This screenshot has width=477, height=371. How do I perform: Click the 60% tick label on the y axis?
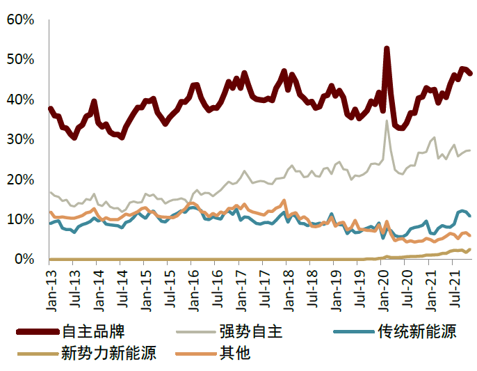coord(20,19)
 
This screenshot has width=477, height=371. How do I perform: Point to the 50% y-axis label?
coord(20,59)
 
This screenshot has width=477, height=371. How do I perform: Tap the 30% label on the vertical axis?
coord(20,139)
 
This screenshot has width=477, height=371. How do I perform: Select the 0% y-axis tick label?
coord(24,259)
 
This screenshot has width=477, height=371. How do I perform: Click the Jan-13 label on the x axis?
coord(52,290)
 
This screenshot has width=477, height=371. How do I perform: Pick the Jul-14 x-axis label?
coord(123,289)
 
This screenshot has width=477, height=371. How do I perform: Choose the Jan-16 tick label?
coord(194,290)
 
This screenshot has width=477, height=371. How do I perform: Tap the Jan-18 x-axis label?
coord(289,290)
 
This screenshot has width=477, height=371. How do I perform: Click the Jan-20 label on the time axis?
coord(384,290)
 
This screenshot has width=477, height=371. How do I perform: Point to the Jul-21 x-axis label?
coord(455,289)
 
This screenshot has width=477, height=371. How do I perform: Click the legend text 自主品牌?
coord(93,331)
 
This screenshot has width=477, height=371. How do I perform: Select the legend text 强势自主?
coord(251,331)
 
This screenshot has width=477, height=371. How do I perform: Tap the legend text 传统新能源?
coord(417,331)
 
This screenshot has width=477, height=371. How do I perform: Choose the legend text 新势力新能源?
coord(109,354)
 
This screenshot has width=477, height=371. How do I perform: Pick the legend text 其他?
coord(235,354)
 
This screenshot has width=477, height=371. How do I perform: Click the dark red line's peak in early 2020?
coord(387,49)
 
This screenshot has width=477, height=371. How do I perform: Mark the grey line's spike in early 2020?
coord(387,121)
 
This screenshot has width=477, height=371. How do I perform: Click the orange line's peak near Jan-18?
coord(284,200)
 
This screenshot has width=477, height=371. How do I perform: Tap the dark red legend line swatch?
coord(38,332)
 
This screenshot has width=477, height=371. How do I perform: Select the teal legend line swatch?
coord(354,332)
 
